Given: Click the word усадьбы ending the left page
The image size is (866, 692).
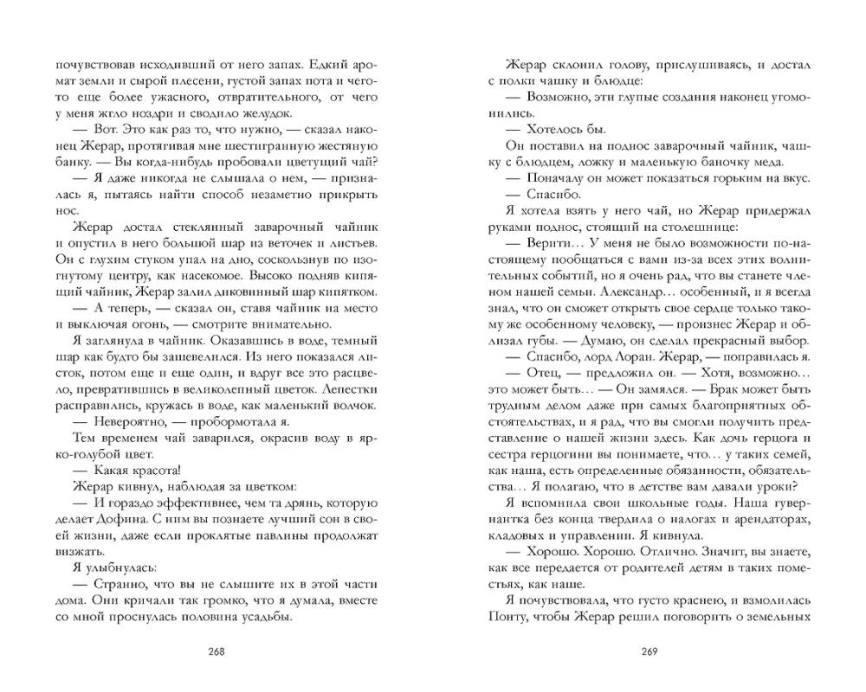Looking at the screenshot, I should [264, 618].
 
